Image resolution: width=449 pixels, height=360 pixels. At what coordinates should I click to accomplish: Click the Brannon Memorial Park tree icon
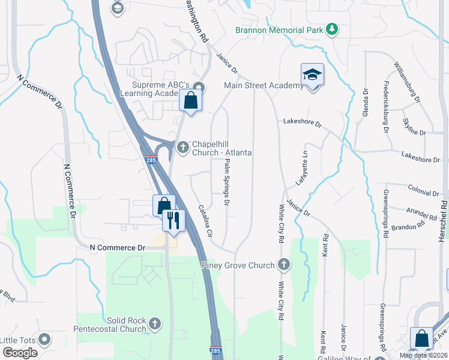[331, 29]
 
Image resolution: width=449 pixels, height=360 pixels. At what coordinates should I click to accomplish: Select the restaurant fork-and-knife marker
[173, 220]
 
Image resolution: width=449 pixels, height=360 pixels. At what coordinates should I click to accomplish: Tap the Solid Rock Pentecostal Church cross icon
[155, 324]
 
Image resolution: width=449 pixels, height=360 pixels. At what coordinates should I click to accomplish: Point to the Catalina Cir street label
[205, 221]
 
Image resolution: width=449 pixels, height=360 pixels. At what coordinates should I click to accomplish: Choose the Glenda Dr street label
[364, 103]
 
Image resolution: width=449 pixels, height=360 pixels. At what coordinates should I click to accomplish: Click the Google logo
[20, 353]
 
